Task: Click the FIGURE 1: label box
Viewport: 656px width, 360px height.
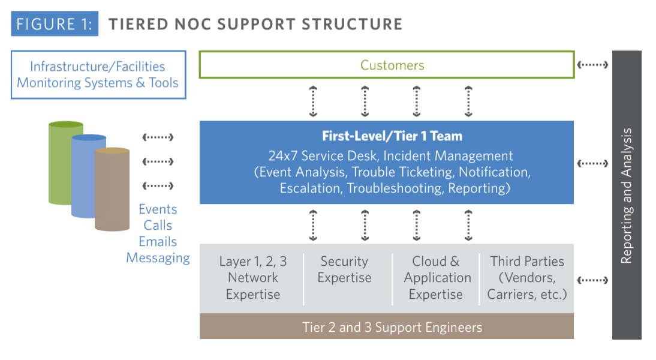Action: point(55,25)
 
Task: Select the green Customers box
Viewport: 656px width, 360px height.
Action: point(386,65)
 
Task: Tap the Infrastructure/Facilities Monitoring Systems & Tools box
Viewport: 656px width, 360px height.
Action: point(98,75)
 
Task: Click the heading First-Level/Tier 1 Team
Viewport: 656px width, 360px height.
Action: point(392,136)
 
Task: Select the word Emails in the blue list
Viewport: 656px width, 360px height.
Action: point(158,242)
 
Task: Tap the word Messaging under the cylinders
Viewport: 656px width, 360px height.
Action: point(158,258)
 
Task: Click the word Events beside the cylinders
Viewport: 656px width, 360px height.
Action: point(158,209)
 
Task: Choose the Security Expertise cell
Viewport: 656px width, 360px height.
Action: point(344,269)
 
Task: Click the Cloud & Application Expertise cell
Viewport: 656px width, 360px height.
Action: point(437,278)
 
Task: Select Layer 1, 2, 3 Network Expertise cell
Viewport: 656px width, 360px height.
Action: point(252,278)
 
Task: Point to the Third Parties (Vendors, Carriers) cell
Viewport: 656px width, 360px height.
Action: point(526,278)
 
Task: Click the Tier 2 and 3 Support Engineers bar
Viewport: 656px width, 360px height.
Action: point(392,328)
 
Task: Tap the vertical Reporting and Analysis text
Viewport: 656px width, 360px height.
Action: point(627,196)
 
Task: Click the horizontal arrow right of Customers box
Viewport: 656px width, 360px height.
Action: point(592,65)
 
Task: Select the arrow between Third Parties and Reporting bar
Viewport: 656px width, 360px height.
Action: point(592,280)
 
